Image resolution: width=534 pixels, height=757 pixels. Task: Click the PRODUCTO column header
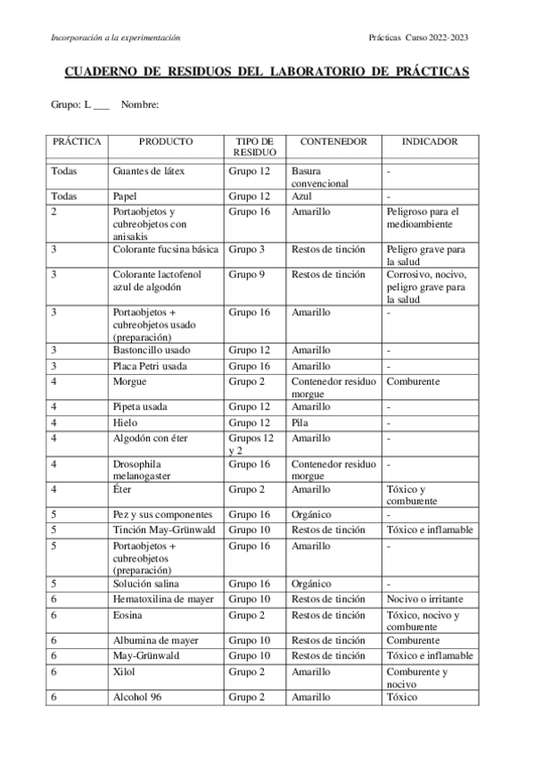pos(166,142)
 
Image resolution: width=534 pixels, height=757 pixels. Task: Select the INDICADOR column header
pos(430,142)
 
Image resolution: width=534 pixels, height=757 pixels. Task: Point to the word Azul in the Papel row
pos(301,195)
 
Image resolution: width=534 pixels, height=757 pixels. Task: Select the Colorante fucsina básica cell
pos(166,249)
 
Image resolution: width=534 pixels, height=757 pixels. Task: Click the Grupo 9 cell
pos(246,274)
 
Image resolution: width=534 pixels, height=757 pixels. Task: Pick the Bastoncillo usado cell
pos(152,350)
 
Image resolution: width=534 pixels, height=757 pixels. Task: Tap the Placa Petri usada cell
pos(151,366)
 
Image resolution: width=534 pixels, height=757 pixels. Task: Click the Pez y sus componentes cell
pos(163,514)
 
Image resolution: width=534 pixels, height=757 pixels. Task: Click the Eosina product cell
pos(128,615)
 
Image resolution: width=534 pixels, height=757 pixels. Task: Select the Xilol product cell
pos(125,671)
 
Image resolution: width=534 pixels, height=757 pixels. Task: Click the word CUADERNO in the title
pos(101,72)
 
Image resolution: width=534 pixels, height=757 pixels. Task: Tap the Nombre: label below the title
pos(140,105)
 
